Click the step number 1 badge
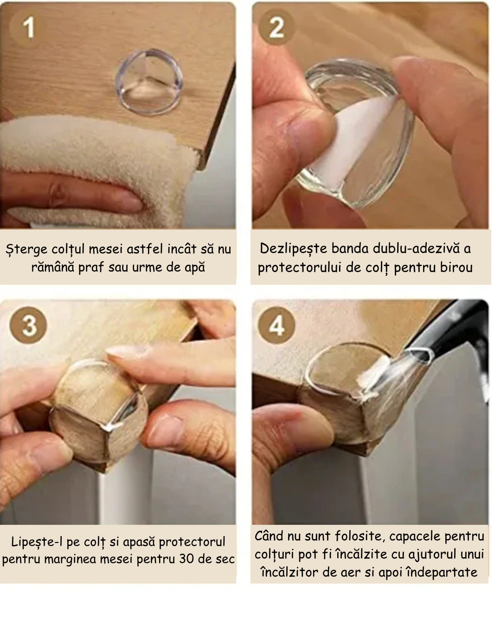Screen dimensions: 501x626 tap(28, 27)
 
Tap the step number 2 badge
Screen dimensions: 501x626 tap(276, 27)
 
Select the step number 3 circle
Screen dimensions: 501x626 tap(28, 325)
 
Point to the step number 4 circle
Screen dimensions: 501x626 tap(276, 325)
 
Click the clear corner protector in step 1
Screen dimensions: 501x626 tap(149, 82)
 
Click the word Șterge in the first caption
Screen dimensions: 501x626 tap(26, 249)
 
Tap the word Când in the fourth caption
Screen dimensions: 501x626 tap(269, 536)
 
